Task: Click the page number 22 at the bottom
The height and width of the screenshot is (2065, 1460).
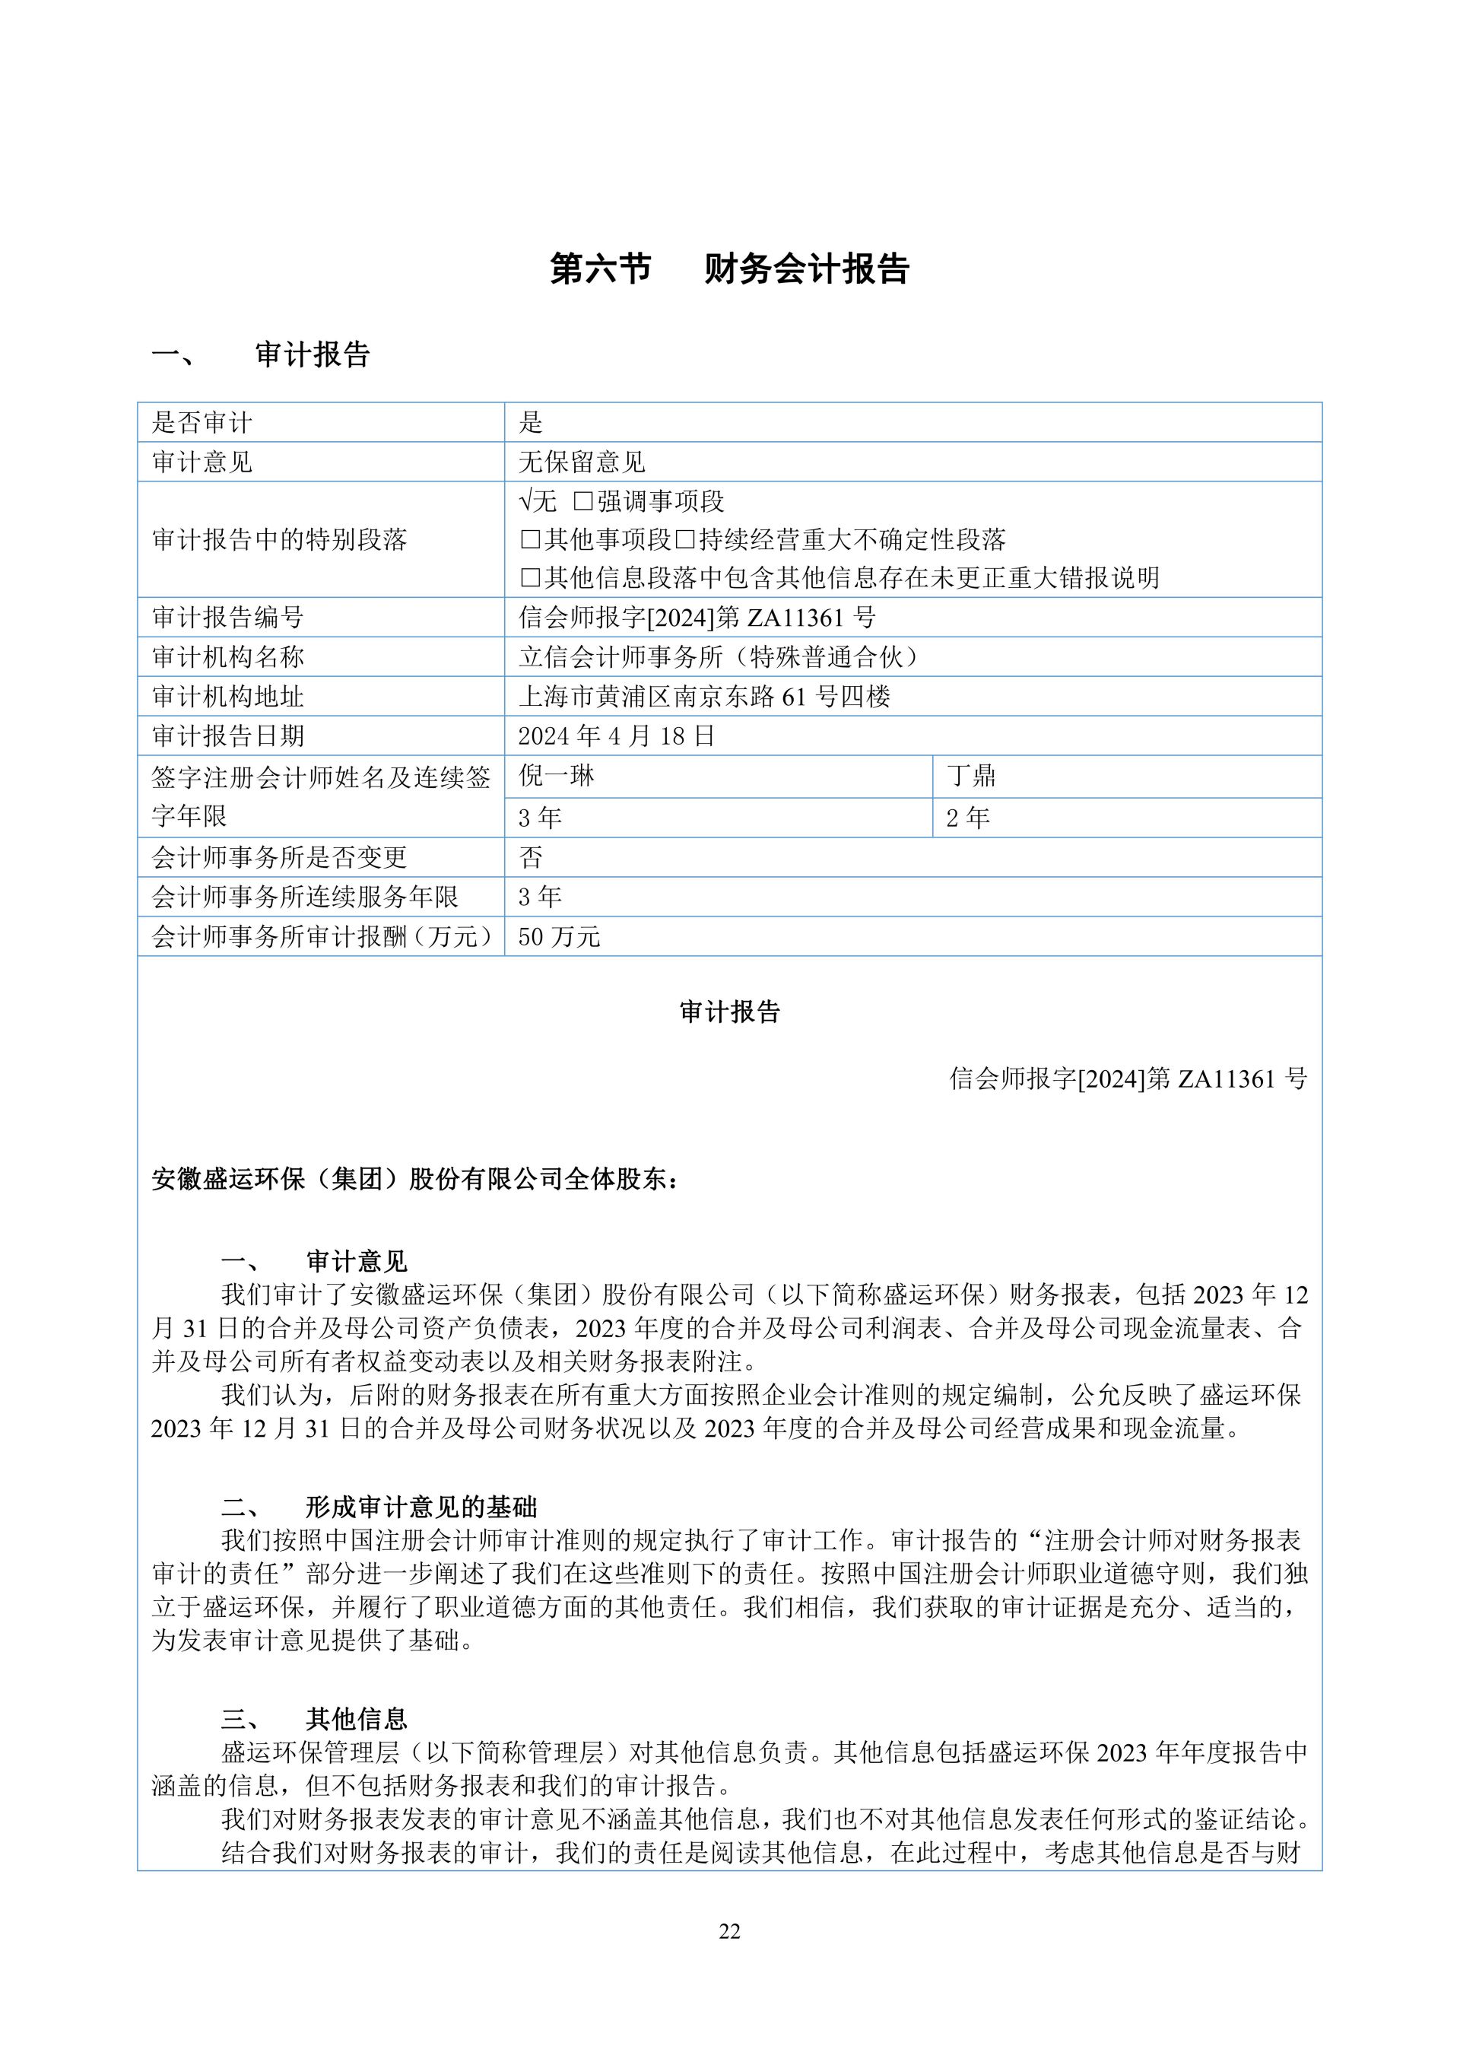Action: coord(729,1931)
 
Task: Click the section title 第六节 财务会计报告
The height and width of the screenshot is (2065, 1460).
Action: coord(729,269)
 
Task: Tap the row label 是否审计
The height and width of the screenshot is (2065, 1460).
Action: coord(202,423)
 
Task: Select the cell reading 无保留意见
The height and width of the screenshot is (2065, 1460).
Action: coord(582,462)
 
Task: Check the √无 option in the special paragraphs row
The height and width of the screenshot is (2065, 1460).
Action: coord(538,501)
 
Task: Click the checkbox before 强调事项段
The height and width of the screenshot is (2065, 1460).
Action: coord(583,501)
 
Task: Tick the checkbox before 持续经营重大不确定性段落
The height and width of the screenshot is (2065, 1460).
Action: coord(686,539)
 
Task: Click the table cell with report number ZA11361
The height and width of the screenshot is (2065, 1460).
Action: coord(697,618)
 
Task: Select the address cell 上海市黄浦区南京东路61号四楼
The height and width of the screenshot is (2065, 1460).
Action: coord(704,697)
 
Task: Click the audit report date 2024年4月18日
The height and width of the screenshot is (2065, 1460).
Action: coord(616,736)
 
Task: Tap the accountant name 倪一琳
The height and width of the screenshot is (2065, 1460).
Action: coord(557,776)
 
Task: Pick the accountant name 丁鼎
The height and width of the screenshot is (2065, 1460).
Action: coord(971,776)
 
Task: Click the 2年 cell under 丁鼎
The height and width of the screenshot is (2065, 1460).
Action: coord(967,818)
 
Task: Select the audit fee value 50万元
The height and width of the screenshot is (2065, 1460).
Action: coord(558,937)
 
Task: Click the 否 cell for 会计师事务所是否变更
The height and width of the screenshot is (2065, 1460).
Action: coord(532,857)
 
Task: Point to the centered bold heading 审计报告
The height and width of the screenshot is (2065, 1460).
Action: coord(729,1012)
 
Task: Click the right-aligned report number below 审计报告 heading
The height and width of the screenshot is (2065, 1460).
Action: coord(1128,1079)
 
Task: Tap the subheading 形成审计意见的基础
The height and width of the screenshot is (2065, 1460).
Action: coord(421,1507)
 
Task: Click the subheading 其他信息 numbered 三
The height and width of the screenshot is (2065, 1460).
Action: coord(357,1720)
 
